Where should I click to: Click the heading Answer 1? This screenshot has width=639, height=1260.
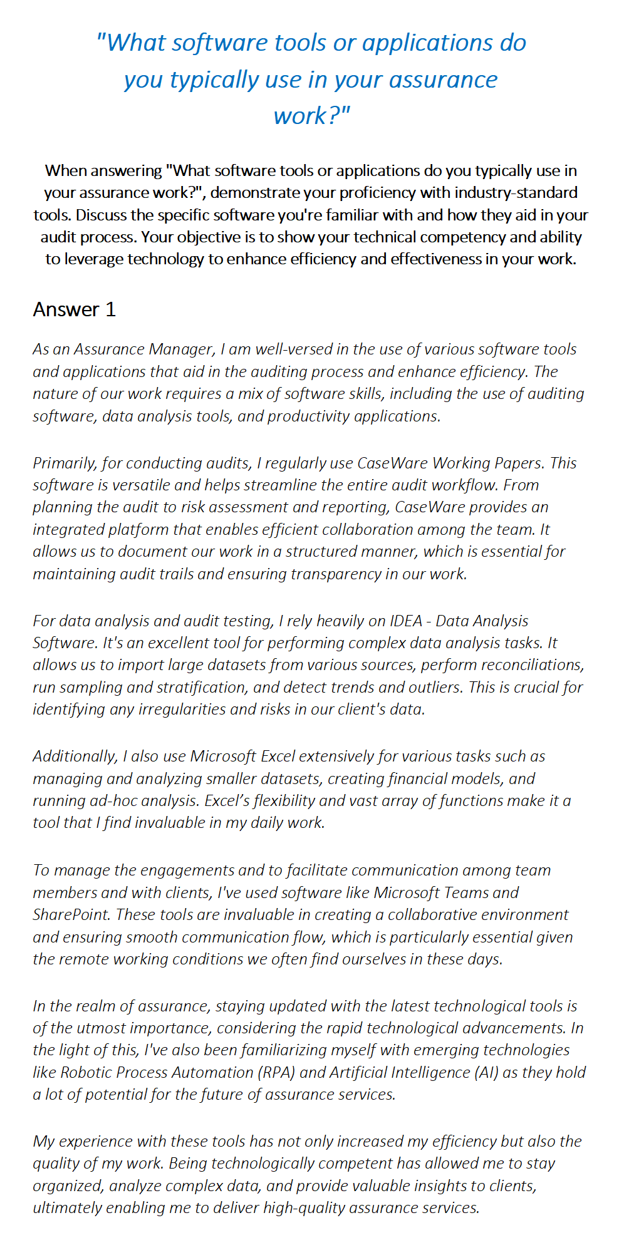(74, 309)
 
